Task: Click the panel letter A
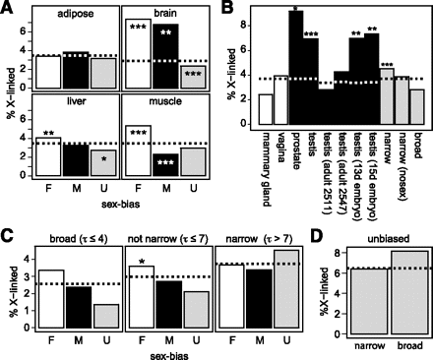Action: (x=8, y=9)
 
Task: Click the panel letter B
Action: (x=228, y=9)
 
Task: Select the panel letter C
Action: (x=8, y=235)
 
